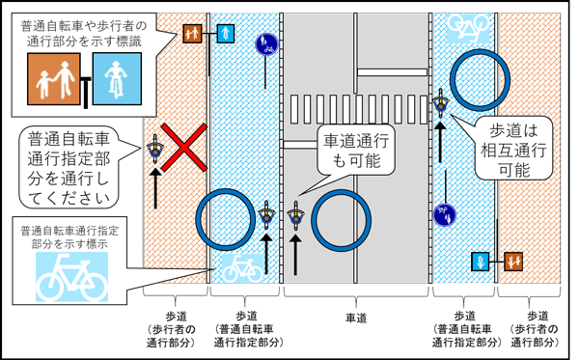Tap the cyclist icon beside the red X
tap(153, 149)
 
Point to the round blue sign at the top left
tap(266, 43)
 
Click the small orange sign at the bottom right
tap(511, 261)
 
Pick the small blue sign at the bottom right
tap(480, 261)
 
